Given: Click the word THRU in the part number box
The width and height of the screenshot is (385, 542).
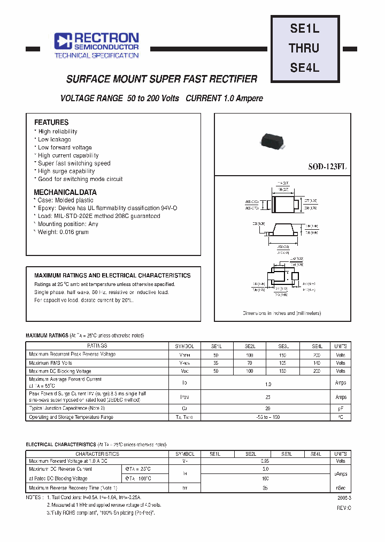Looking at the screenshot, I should coord(304,48).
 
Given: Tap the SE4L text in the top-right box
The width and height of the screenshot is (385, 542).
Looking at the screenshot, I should coord(304,68).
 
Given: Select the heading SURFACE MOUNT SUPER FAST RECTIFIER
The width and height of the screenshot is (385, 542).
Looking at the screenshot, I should coord(161,79).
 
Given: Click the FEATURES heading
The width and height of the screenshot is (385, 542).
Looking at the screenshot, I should coord(51,123).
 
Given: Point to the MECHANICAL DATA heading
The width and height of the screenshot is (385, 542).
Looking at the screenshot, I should coord(65,192).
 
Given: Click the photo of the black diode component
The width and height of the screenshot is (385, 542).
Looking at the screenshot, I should coord(273,140).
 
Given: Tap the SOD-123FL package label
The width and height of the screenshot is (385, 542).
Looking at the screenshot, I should coord(327,167).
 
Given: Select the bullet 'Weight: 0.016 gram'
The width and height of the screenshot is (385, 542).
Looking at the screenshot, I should coord(63,232).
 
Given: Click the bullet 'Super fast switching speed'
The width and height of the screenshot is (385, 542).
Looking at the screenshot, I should coord(74,163).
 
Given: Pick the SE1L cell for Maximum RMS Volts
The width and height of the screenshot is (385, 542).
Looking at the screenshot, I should coord(215,363).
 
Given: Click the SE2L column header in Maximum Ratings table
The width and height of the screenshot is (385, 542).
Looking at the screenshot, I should coord(249,347).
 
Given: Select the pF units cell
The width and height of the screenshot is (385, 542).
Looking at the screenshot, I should coord(341,408).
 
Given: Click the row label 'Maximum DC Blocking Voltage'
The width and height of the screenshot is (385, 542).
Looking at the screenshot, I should coord(60,371).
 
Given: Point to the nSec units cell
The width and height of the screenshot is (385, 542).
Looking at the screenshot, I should coord(341,488).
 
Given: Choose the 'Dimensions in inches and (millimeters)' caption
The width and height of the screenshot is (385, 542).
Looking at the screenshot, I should coord(281,313).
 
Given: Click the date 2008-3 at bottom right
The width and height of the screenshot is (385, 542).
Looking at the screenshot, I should coord(344,498).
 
